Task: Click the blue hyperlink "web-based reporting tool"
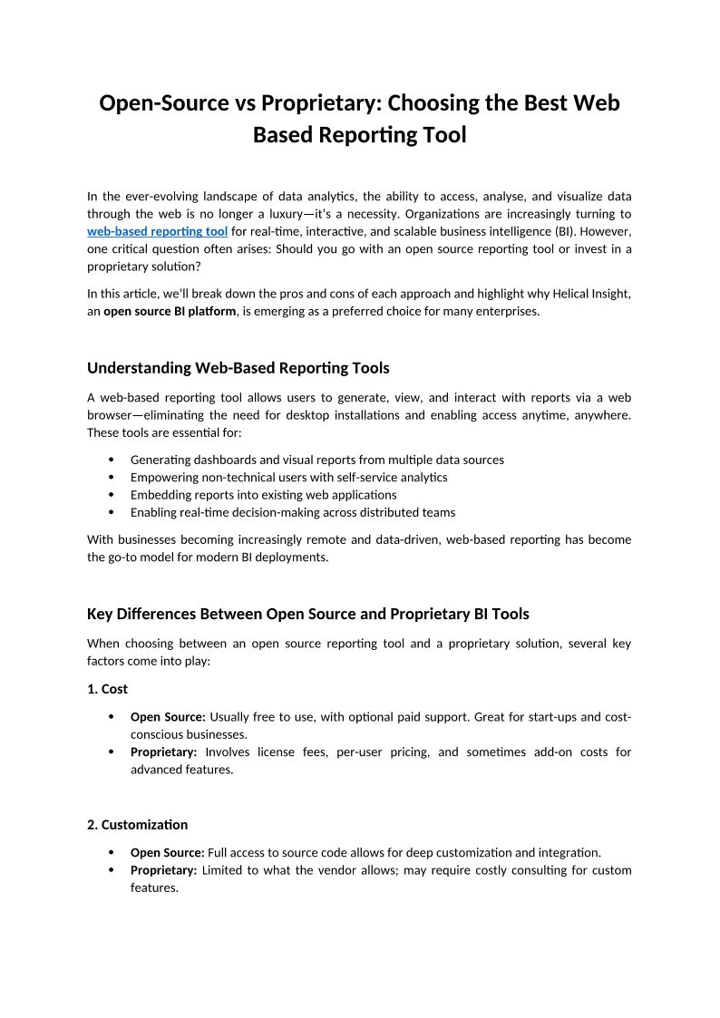[157, 231]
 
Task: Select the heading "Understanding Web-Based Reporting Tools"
[238, 367]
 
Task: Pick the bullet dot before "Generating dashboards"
[112, 460]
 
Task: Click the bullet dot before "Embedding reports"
[112, 495]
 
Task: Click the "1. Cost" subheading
[107, 689]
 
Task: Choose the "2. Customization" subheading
[137, 825]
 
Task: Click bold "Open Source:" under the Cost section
[168, 717]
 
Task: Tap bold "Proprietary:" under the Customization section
[163, 870]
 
